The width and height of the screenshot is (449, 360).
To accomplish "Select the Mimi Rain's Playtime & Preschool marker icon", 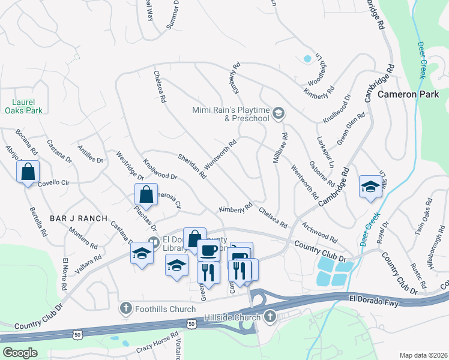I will [278, 113].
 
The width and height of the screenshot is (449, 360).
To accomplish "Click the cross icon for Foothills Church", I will [126, 308].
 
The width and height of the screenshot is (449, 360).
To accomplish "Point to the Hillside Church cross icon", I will [270, 316].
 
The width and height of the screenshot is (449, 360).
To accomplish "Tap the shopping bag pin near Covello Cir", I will [28, 172].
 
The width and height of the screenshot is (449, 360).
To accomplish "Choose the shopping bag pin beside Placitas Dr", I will [146, 195].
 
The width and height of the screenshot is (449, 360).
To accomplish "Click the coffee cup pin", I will [208, 250].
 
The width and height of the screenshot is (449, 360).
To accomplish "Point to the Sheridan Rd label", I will [192, 166].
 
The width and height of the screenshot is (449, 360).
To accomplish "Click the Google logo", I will [20, 352].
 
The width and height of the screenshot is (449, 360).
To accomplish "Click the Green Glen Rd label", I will [351, 128].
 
